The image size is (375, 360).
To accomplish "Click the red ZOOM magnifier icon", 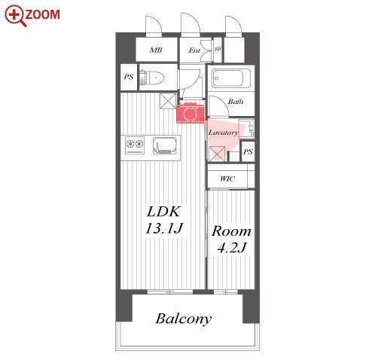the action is (x=15, y=16).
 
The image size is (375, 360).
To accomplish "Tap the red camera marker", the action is (x=190, y=113).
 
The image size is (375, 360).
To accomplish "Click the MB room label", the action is (x=156, y=50).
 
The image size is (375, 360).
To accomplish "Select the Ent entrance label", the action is (x=194, y=50).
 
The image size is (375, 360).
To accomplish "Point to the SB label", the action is (x=218, y=49).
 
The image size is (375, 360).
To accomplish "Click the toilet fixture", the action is (x=152, y=78).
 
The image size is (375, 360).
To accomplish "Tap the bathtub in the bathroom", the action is (x=230, y=78).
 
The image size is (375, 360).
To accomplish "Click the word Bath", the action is (x=236, y=102).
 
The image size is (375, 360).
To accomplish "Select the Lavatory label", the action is (x=223, y=133).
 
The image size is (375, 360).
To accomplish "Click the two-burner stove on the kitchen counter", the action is (x=135, y=145).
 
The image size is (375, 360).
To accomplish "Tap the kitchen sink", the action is (x=164, y=145).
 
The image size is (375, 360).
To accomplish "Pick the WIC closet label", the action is (x=227, y=178).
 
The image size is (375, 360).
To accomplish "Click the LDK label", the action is (x=163, y=212).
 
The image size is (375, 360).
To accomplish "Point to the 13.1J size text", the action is (x=164, y=228).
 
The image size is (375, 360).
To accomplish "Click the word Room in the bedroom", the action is (x=231, y=231).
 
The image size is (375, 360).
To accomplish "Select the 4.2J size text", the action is (x=232, y=248).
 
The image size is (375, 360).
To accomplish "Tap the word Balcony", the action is (x=184, y=319).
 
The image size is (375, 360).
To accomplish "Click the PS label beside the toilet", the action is (x=129, y=77).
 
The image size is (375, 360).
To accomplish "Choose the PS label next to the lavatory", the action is (x=248, y=151).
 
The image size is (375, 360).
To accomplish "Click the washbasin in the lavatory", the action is (x=246, y=129).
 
